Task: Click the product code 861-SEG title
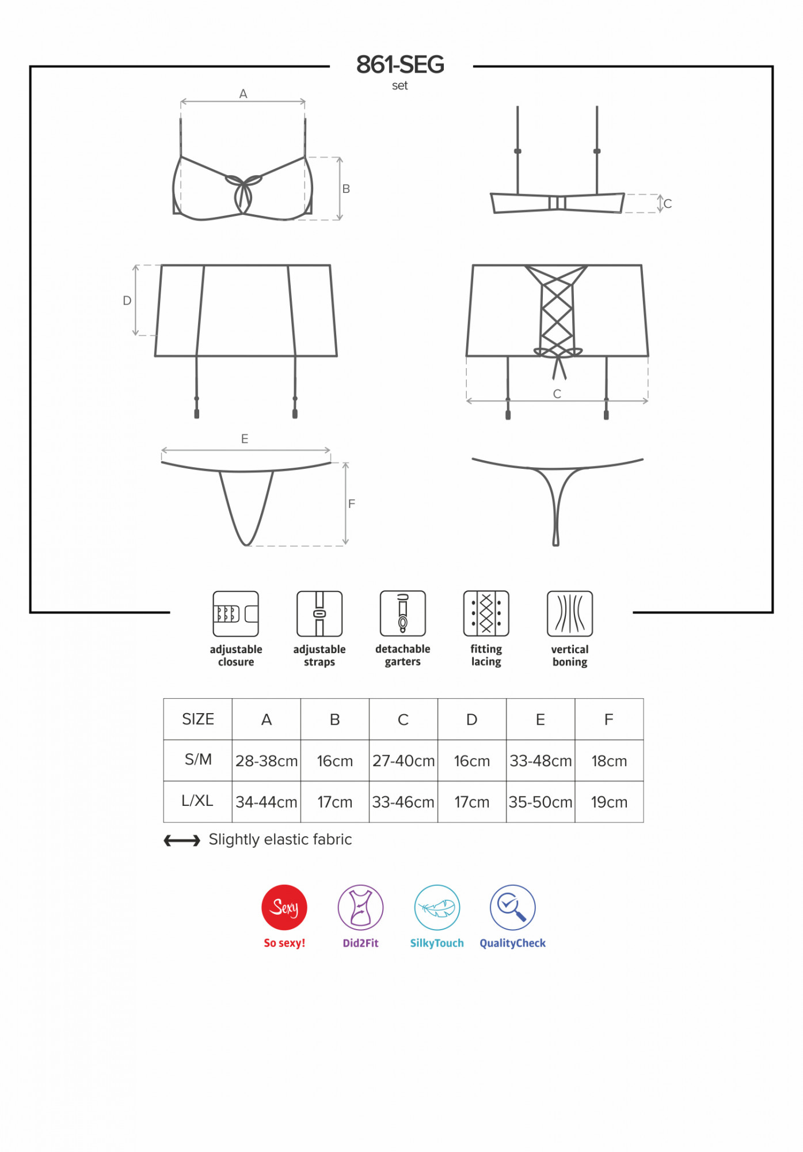click(400, 65)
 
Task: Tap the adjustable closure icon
click(235, 613)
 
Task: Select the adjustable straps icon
click(319, 613)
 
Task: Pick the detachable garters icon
click(403, 613)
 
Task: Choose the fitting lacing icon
click(486, 613)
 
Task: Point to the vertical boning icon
click(570, 613)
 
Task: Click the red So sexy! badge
click(284, 907)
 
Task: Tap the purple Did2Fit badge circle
click(360, 907)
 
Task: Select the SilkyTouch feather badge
click(437, 907)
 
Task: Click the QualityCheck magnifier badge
click(513, 907)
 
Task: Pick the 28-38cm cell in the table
click(267, 761)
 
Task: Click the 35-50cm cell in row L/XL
click(541, 802)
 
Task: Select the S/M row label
click(198, 760)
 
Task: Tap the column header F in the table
click(609, 719)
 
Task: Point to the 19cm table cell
click(609, 802)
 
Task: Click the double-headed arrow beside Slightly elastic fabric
click(182, 841)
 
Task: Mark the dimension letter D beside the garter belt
click(127, 301)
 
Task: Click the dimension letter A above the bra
click(243, 94)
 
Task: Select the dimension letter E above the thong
click(245, 439)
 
